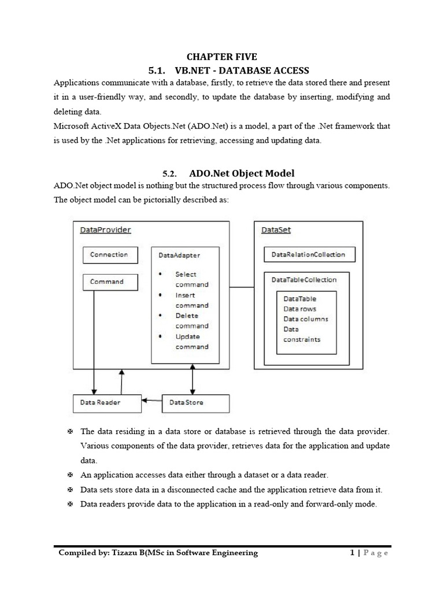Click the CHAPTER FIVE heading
pos(221,57)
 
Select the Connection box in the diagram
pos(109,255)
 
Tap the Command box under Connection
pos(110,282)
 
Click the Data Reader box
pos(107,403)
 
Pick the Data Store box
pos(195,403)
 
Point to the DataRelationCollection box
pos(309,254)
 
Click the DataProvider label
pos(105,230)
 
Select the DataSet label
pos(276,230)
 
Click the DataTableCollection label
pos(304,280)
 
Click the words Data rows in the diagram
pos(299,309)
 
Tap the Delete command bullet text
pos(191,321)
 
